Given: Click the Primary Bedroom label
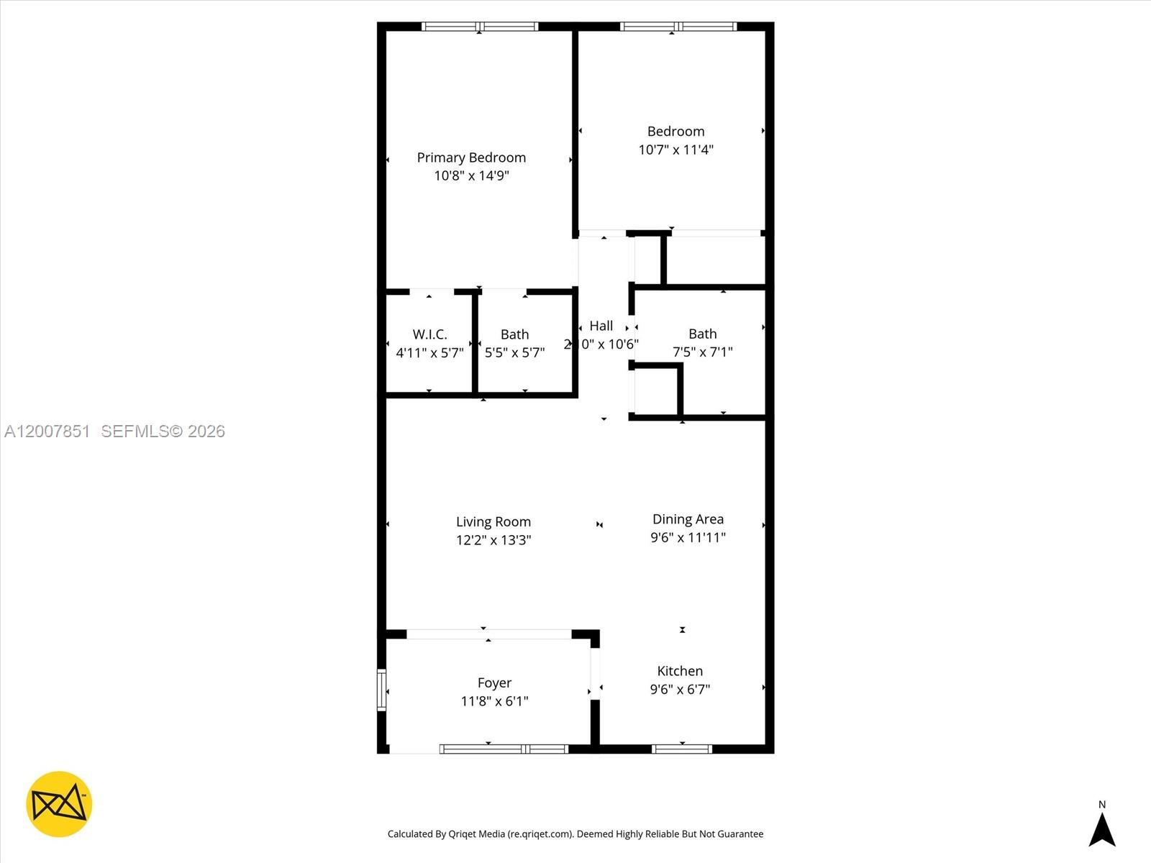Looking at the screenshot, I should tap(471, 157).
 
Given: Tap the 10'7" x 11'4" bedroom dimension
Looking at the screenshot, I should tap(675, 150).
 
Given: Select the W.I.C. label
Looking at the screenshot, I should tap(429, 334).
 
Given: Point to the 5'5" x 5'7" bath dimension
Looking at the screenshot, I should tap(514, 352).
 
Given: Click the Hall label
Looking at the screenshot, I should tap(601, 326).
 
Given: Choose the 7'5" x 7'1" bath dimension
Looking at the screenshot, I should tap(702, 352).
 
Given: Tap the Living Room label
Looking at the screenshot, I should tap(493, 521).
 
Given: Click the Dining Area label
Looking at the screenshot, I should tap(688, 519).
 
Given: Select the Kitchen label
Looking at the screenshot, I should tap(680, 671).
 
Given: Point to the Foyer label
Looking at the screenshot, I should tap(494, 682).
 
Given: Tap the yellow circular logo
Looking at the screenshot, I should tap(59, 804).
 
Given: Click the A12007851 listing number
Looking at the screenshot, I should tap(47, 431).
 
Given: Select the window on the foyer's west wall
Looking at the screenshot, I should tap(382, 690).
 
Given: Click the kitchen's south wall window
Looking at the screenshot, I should tap(682, 749).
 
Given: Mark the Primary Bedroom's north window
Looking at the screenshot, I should tap(480, 27).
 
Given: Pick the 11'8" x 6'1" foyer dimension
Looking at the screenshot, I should tap(494, 701).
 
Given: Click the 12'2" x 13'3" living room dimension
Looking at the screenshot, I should tap(493, 539).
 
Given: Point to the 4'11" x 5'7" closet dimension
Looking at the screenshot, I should tap(429, 352).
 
